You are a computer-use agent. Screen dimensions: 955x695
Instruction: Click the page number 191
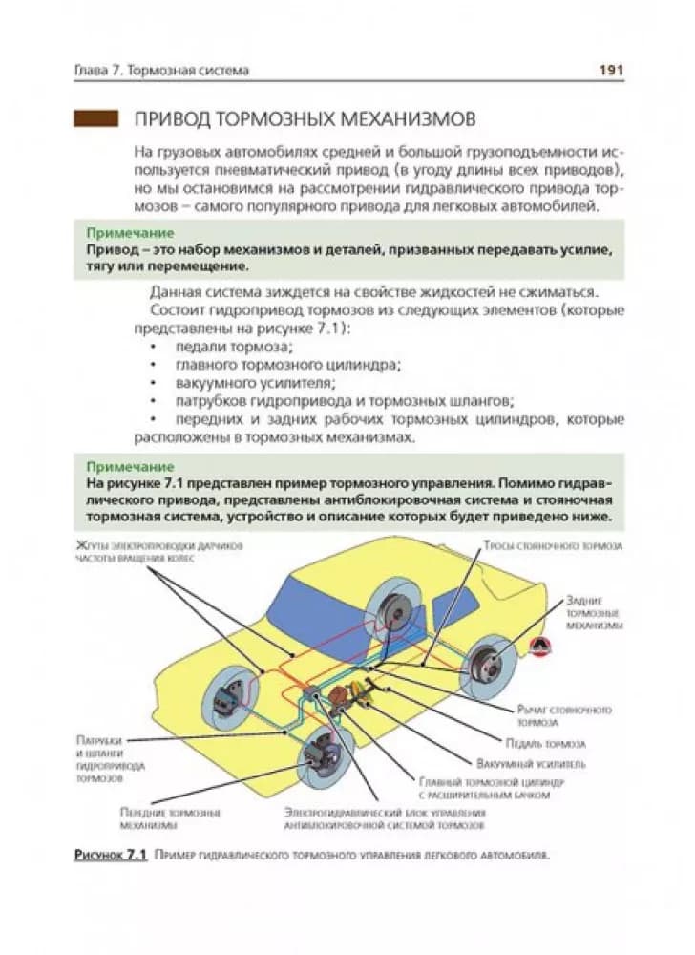(x=610, y=70)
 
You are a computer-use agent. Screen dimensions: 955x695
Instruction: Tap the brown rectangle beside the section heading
(x=95, y=120)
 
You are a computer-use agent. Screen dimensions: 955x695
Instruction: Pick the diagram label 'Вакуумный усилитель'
(x=531, y=764)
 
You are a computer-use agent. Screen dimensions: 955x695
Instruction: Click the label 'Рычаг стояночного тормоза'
(x=563, y=716)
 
